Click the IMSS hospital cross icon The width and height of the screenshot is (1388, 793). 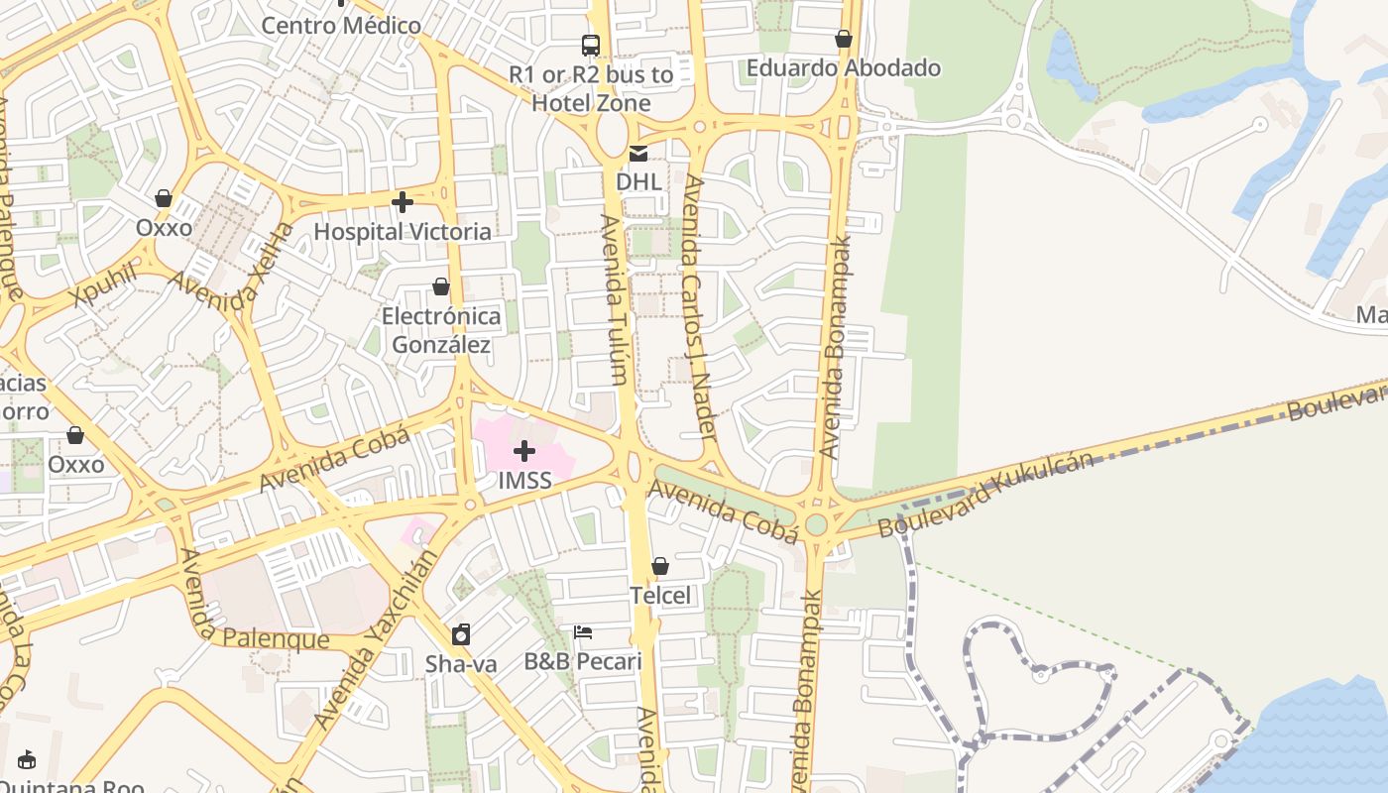coord(523,452)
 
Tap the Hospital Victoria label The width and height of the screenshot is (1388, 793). coord(402,231)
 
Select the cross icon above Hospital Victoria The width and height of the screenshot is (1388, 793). coord(402,202)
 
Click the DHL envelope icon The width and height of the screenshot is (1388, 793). coord(638,154)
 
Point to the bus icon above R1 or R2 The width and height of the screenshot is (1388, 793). coord(591,45)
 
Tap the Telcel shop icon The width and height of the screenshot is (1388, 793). coord(660,566)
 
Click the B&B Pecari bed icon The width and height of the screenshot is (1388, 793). coord(583,632)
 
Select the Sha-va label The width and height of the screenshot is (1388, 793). coord(461,663)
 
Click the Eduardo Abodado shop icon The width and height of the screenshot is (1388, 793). coord(844,40)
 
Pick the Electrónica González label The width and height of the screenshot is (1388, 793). coord(441,330)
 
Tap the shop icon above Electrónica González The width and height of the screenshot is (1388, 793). coord(441,286)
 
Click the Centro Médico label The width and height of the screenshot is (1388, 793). coord(340,25)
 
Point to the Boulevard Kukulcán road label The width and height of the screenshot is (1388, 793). coord(985,495)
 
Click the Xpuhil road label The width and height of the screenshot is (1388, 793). coord(103,285)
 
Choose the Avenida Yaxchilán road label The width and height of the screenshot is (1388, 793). coord(374,642)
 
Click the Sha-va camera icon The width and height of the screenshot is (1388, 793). coord(461,634)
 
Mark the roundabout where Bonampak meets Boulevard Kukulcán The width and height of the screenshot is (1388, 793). coord(816,524)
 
